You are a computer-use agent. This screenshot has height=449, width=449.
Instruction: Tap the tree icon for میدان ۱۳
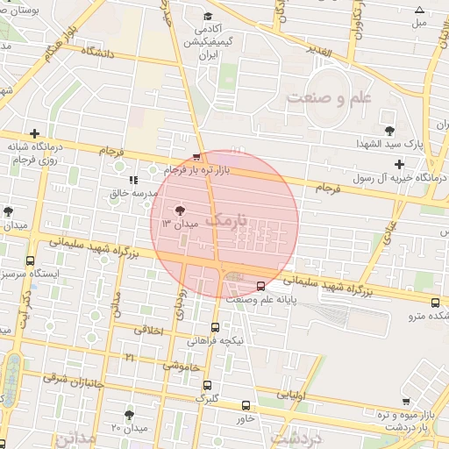click(180, 210)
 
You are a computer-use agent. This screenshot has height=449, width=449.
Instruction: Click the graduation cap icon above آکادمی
click(207, 16)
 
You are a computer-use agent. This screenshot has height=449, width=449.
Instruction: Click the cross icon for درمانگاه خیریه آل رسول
click(400, 164)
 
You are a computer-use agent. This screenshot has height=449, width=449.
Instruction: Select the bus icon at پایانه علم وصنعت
click(260, 286)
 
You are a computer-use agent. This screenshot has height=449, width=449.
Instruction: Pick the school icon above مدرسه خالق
click(132, 181)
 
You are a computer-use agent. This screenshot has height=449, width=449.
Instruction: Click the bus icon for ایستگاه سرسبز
click(32, 260)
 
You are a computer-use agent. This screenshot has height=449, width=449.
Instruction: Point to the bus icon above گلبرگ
click(207, 385)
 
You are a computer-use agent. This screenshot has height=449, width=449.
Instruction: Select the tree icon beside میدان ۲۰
click(130, 414)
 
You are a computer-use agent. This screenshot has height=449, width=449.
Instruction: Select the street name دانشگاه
click(98, 53)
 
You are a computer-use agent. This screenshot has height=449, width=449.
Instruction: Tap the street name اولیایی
click(291, 395)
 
